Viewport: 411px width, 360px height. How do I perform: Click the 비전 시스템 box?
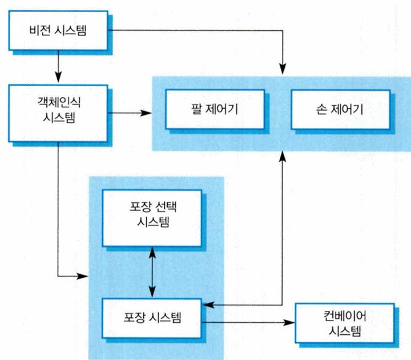(57, 31)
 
